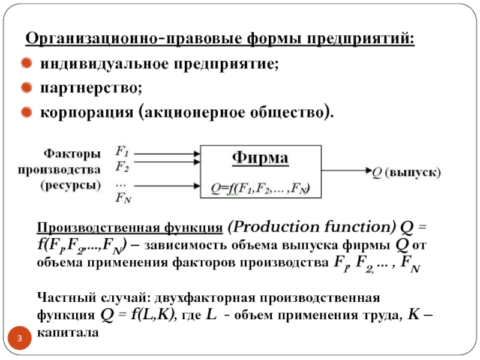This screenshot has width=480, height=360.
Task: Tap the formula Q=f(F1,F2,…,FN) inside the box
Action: [x=260, y=189]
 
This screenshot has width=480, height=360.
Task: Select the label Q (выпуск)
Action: [x=406, y=172]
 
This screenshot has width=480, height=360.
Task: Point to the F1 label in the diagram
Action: [x=122, y=152]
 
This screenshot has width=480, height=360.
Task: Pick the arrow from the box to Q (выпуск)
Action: [x=345, y=172]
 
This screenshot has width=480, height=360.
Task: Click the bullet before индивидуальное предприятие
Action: [x=27, y=63]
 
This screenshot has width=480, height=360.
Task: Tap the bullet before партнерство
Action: [x=27, y=88]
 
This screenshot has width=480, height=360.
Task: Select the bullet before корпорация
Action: [x=27, y=113]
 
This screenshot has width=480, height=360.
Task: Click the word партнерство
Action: [x=91, y=88]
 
